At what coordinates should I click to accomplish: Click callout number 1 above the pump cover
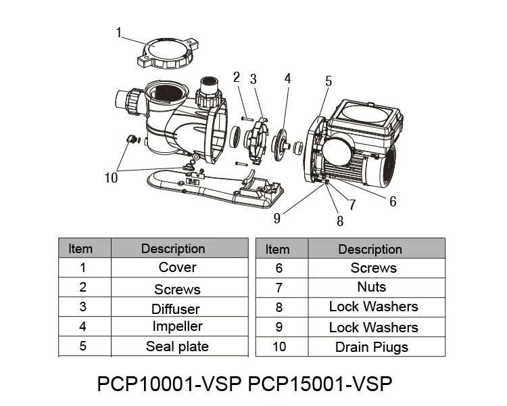(x=119, y=31)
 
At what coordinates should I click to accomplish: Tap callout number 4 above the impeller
(x=287, y=78)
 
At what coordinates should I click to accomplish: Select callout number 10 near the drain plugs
(x=111, y=178)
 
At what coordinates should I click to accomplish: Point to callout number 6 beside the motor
(x=393, y=201)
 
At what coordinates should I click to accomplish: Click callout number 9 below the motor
(x=277, y=218)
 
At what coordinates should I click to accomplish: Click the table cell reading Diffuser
(x=176, y=309)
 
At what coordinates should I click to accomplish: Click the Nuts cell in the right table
(x=371, y=287)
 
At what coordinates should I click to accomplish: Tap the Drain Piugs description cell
(x=372, y=347)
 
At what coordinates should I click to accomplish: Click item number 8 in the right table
(x=279, y=307)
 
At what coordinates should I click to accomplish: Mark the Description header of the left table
(x=173, y=248)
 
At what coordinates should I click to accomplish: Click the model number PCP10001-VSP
(x=169, y=383)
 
